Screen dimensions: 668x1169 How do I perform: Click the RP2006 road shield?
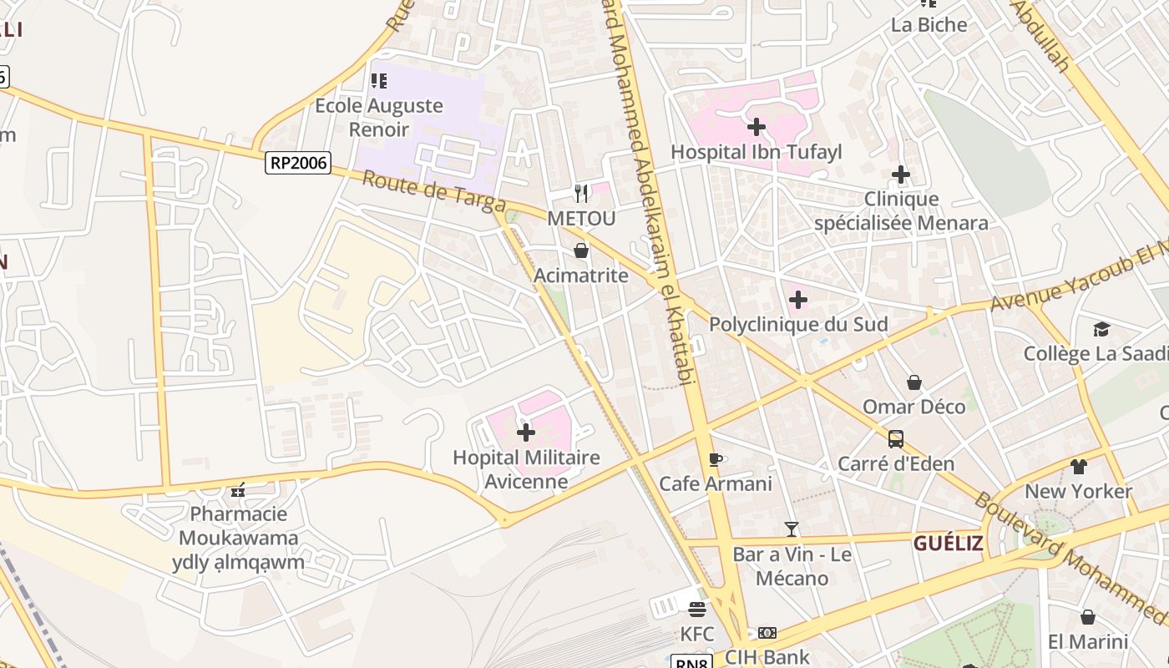298,162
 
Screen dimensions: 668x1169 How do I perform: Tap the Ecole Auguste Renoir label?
378,118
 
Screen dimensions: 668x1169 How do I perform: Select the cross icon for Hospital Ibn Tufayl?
757,127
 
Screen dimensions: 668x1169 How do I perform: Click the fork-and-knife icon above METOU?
581,194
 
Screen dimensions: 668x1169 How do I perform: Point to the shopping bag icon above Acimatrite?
581,250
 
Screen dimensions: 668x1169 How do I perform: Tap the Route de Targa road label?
433,191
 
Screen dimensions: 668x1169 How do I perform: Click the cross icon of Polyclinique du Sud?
798,299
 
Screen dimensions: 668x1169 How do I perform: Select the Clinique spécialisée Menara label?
901,211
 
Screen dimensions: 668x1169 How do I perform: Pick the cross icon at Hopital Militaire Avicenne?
526,433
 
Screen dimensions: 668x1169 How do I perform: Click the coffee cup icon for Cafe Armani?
715,458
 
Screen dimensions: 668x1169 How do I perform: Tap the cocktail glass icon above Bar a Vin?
792,529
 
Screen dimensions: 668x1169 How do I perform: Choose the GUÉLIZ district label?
948,544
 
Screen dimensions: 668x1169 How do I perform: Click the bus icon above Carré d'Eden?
896,438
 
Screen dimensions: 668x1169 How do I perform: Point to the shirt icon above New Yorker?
1079,466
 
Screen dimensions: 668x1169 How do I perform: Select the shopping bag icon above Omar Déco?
914,382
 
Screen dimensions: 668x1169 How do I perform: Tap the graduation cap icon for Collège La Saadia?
1101,329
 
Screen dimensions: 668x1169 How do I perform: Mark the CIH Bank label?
767,657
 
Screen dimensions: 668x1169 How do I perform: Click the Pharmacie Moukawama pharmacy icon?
239,489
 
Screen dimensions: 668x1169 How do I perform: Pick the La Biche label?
929,24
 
